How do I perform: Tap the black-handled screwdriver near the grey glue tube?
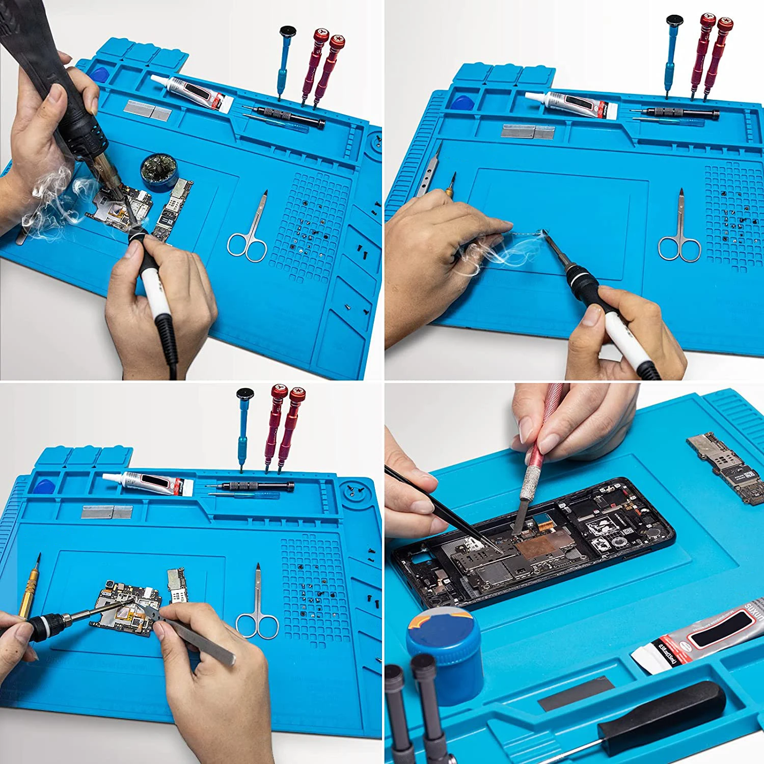pos(662,711)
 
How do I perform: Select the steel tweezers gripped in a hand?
pos(199,637)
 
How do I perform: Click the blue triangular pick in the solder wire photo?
pos(462,102)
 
